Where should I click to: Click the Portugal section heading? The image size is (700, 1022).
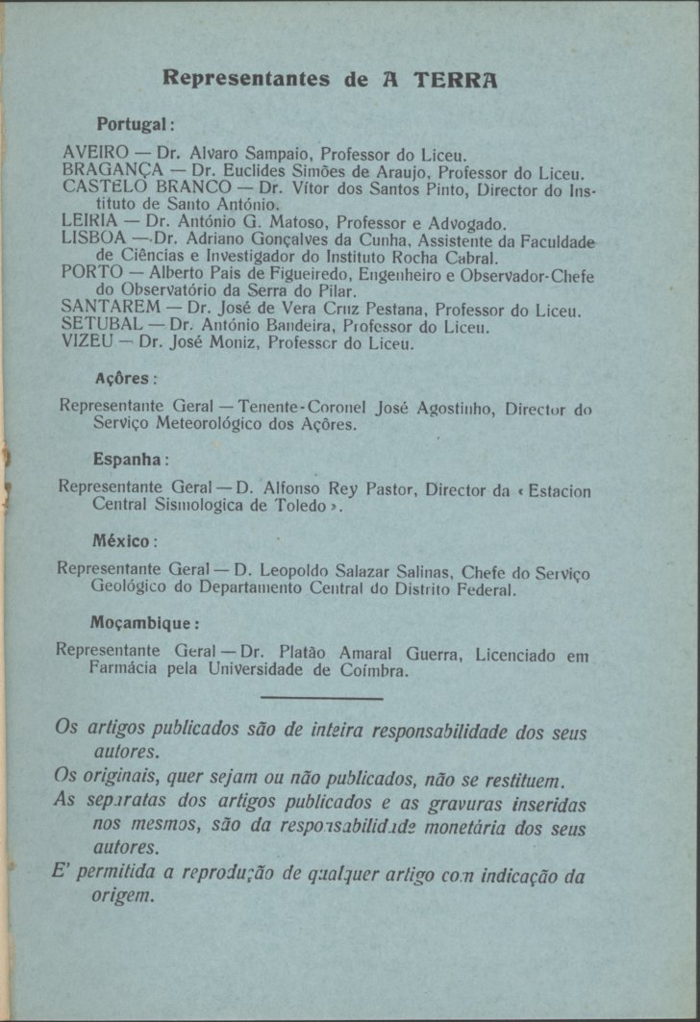[134, 125]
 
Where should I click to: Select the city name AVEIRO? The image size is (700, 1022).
[94, 152]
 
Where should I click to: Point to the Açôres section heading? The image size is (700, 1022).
[126, 378]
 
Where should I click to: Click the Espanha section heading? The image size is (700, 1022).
[132, 458]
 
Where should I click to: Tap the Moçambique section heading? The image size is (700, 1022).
[144, 621]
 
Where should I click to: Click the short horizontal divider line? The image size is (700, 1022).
[321, 699]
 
